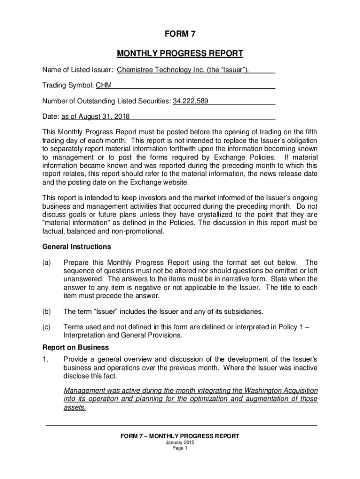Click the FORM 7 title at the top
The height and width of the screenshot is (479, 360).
pyautogui.click(x=180, y=35)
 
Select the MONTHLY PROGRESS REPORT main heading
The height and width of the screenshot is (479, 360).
pyautogui.click(x=180, y=53)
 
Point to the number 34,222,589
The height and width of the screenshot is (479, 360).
pyautogui.click(x=190, y=101)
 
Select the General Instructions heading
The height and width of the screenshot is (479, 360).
pyautogui.click(x=77, y=247)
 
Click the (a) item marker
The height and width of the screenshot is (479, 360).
pyautogui.click(x=47, y=262)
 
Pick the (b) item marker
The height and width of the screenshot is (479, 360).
pyautogui.click(x=47, y=312)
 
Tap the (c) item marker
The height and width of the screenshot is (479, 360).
pyautogui.click(x=47, y=327)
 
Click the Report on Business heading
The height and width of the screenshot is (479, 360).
pyautogui.click(x=76, y=348)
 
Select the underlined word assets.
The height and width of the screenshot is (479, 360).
pyautogui.click(x=74, y=407)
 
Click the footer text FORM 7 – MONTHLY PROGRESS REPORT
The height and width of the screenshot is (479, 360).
pyautogui.click(x=180, y=436)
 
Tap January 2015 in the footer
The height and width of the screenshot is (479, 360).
pyautogui.click(x=180, y=443)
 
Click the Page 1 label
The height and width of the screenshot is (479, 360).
pyautogui.click(x=180, y=448)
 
